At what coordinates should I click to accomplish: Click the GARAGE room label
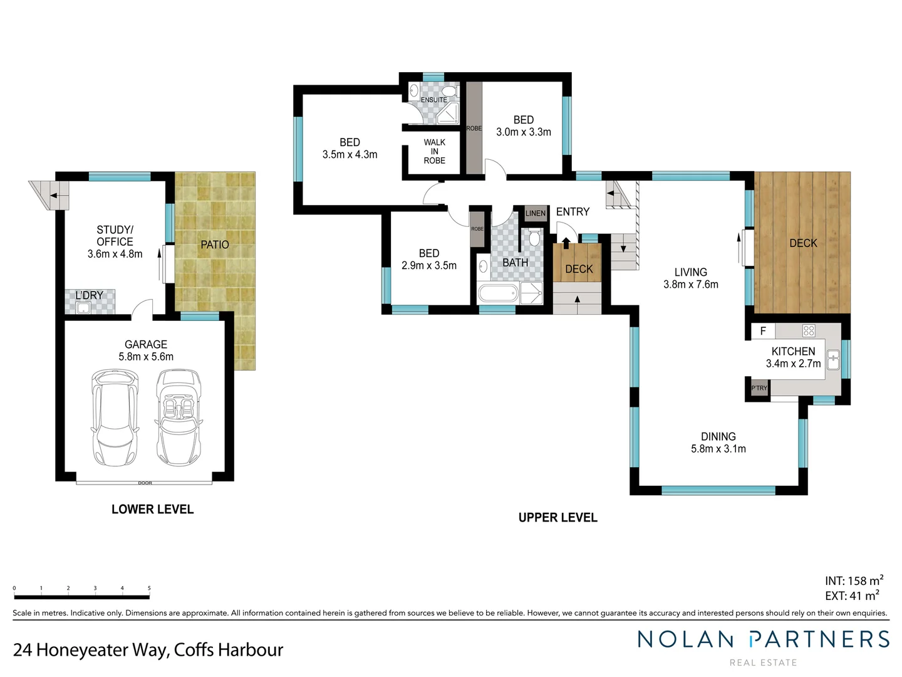[x=146, y=344]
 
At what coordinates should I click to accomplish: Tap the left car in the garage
[x=115, y=417]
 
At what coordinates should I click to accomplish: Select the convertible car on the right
[x=179, y=417]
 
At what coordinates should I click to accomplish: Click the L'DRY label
[x=89, y=295]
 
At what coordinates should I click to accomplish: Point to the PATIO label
[x=215, y=244]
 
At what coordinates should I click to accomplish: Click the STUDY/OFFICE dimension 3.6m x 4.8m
[x=115, y=254]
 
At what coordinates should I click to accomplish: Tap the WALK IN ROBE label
[x=434, y=152]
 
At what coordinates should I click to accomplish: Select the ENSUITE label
[x=433, y=100]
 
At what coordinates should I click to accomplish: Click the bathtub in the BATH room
[x=498, y=293]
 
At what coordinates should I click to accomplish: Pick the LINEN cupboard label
[x=536, y=213]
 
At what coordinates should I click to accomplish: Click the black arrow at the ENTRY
[x=566, y=243]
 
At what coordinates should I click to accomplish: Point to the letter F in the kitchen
[x=763, y=331]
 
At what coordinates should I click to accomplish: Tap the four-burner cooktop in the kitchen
[x=809, y=330]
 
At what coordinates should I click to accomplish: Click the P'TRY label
[x=759, y=388]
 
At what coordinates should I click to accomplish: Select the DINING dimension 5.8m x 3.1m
[x=718, y=449]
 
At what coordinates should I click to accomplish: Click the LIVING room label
[x=691, y=272]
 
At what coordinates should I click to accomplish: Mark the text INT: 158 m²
[x=854, y=581]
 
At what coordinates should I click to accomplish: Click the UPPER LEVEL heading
[x=557, y=518]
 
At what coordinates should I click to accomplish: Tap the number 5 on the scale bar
[x=149, y=588]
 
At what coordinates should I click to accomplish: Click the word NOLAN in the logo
[x=685, y=639]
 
